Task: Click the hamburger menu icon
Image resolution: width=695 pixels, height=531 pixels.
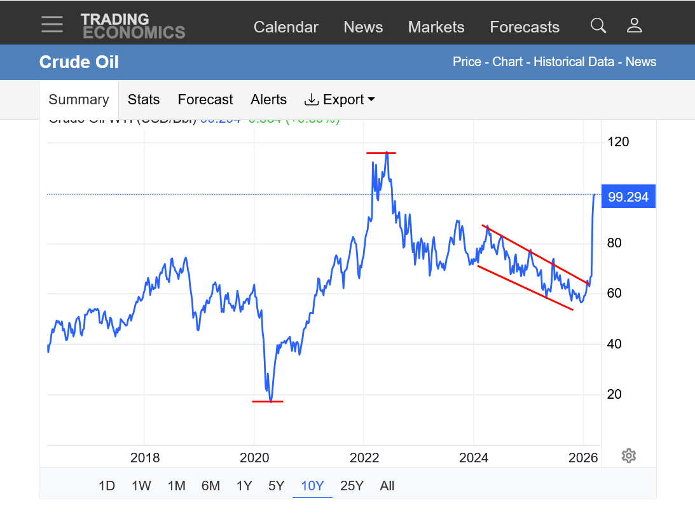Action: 52,24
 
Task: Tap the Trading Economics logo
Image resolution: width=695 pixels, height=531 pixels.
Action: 133,25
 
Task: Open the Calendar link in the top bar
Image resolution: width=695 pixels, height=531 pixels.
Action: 286,27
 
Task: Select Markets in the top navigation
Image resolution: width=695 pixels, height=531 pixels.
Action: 436,27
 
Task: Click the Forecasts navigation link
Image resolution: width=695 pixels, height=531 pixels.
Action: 525,27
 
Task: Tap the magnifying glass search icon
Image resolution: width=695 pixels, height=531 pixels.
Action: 598,25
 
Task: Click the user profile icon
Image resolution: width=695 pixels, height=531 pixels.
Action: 634,25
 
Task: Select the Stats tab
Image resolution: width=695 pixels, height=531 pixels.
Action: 144,100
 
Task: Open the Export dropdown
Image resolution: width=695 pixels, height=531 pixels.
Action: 340,100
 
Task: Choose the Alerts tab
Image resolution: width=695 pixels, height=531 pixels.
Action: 268,100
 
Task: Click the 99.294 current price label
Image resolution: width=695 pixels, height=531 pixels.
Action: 628,197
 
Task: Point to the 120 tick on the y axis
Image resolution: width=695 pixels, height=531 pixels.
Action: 618,142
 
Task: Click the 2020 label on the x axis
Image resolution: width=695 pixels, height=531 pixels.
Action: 254,458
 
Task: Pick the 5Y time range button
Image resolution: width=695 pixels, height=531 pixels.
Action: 276,486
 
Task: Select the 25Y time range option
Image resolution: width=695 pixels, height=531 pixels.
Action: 352,486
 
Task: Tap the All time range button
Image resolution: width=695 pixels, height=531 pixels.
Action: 387,486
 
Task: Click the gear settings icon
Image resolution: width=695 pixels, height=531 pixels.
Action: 629,455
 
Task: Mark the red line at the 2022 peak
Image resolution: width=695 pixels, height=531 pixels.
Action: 381,153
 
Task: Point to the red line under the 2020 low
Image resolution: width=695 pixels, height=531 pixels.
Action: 268,401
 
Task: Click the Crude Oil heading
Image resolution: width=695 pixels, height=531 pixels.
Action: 79,62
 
